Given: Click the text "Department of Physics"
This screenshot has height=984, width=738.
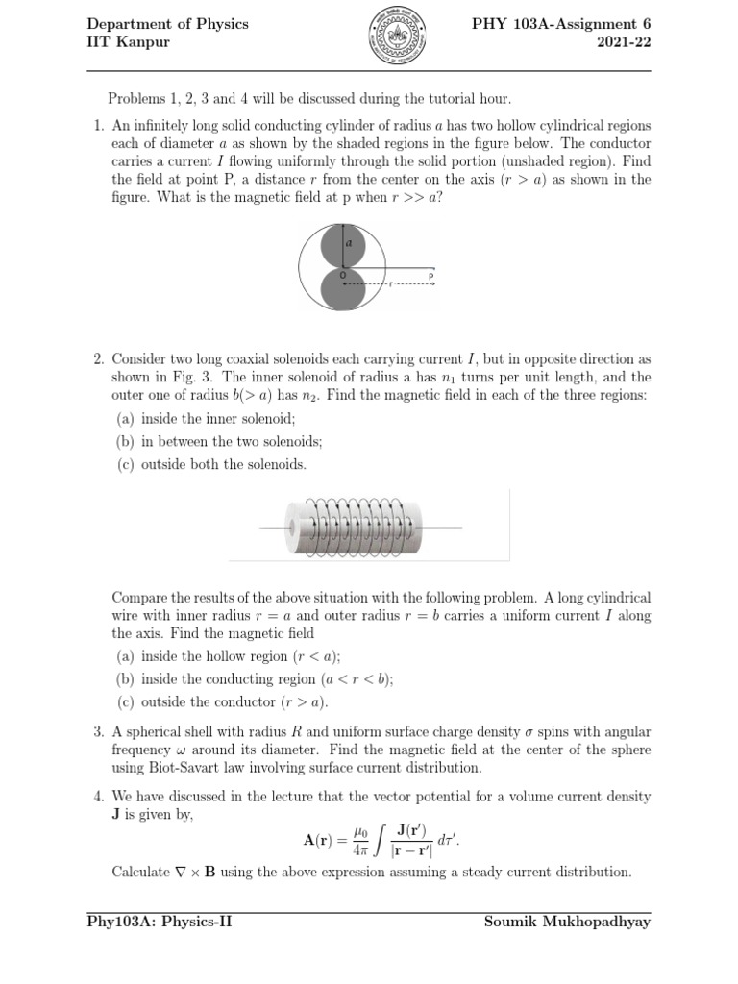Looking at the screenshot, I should (167, 24).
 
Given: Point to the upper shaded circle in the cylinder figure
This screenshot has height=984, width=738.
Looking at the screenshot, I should (342, 246).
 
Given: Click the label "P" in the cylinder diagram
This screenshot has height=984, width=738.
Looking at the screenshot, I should (431, 276).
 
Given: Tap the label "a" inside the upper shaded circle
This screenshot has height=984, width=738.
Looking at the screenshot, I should (349, 243).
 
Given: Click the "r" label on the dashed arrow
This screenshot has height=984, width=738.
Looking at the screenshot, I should (390, 284).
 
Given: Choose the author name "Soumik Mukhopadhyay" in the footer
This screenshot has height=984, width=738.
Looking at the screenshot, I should (568, 922).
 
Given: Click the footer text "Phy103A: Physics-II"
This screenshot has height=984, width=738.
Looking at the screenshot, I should (160, 922).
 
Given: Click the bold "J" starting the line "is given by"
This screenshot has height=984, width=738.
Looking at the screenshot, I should (117, 814).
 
